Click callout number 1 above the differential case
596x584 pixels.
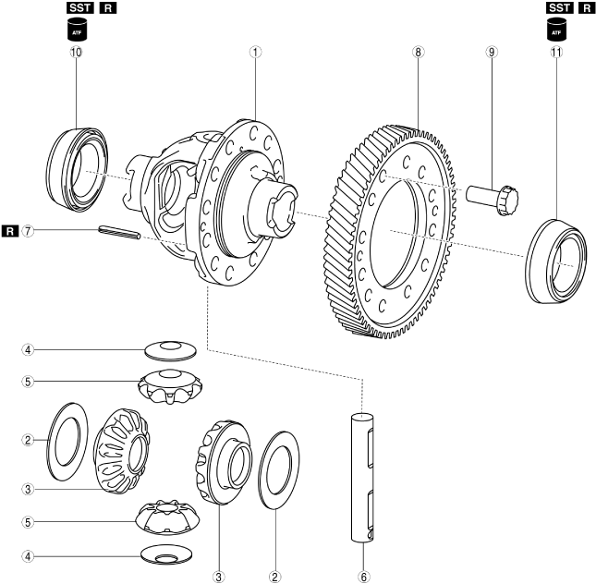click(x=252, y=53)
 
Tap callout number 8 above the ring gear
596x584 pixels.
click(x=419, y=53)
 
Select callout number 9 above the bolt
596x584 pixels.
click(x=492, y=53)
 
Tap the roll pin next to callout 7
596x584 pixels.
click(x=120, y=233)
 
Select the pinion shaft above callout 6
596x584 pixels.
click(x=365, y=477)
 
